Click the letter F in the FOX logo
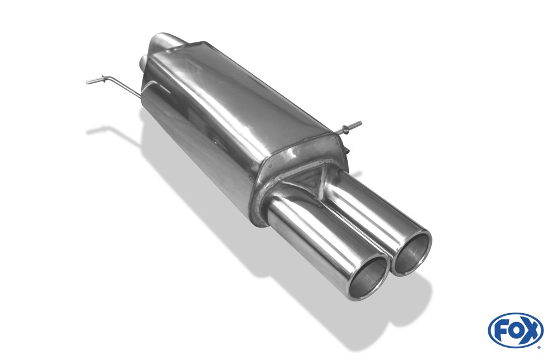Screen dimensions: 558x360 click(502, 330)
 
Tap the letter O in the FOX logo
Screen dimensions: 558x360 click(516, 330)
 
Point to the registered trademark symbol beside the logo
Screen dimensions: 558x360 click(540, 347)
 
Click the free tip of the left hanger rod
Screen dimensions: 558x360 click(88, 83)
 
